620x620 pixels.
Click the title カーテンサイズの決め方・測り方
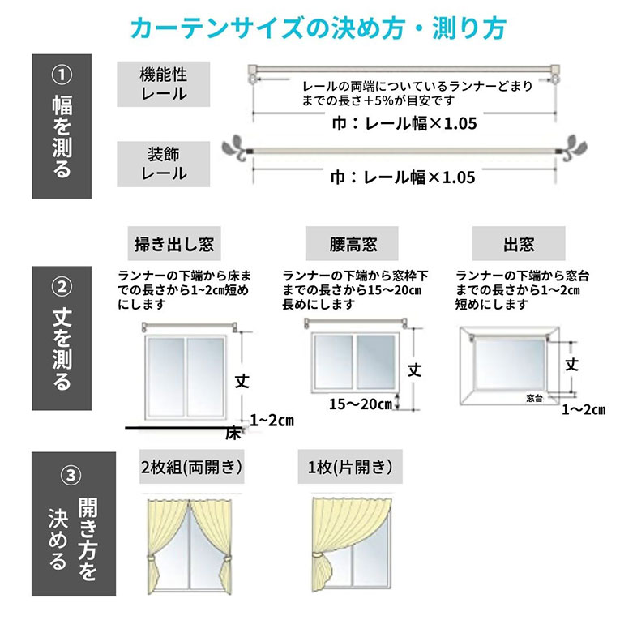[319, 28]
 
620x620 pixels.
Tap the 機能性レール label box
[163, 84]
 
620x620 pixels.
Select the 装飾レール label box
[163, 164]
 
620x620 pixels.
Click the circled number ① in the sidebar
[62, 75]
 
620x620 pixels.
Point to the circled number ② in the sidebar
[62, 287]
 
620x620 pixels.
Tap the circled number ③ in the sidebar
[71, 475]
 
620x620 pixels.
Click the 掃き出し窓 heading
[174, 244]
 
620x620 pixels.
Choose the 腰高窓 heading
[352, 244]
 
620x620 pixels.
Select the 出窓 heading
[519, 244]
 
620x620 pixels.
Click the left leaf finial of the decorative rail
[235, 148]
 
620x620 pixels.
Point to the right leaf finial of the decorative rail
[573, 147]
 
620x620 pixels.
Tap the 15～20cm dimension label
[361, 404]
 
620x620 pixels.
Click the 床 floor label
[233, 434]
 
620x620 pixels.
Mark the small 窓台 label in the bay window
[534, 398]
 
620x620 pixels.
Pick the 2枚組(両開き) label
[192, 467]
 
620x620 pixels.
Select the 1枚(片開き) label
[350, 467]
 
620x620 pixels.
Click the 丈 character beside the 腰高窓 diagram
[415, 370]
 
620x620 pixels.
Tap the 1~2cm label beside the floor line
[272, 420]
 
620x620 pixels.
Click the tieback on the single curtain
[318, 554]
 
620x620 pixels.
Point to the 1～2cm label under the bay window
[584, 409]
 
